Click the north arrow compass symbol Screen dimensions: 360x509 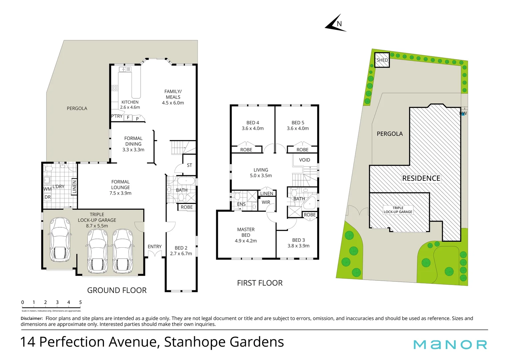(x=335, y=24)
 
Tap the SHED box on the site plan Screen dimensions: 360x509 (x=382, y=60)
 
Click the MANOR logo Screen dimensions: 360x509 (x=450, y=344)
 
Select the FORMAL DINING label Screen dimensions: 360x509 (x=133, y=144)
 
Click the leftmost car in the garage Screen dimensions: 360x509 (x=60, y=240)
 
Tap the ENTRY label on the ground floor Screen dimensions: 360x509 (x=155, y=247)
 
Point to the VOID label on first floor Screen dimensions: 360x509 (x=304, y=160)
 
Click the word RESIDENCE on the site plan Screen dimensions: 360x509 (x=421, y=178)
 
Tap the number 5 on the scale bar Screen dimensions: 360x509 (x=80, y=302)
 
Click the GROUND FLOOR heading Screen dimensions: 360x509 (x=117, y=290)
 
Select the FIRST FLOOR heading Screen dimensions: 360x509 (x=260, y=283)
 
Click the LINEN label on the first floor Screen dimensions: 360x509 (x=266, y=194)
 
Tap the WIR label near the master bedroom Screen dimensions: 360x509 (x=266, y=202)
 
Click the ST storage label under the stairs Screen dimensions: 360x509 (x=189, y=165)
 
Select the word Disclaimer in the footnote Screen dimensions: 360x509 (x=32, y=319)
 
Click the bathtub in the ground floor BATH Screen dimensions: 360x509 (x=186, y=181)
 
